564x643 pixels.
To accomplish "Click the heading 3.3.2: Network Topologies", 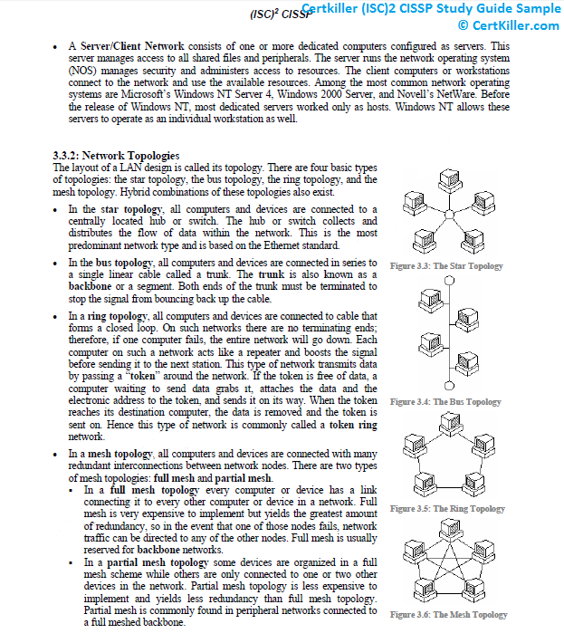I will point(116,156).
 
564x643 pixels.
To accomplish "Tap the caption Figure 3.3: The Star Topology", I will point(446,266).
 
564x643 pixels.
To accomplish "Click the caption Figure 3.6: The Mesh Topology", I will point(448,615).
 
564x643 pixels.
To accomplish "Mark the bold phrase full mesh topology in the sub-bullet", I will point(154,490).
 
